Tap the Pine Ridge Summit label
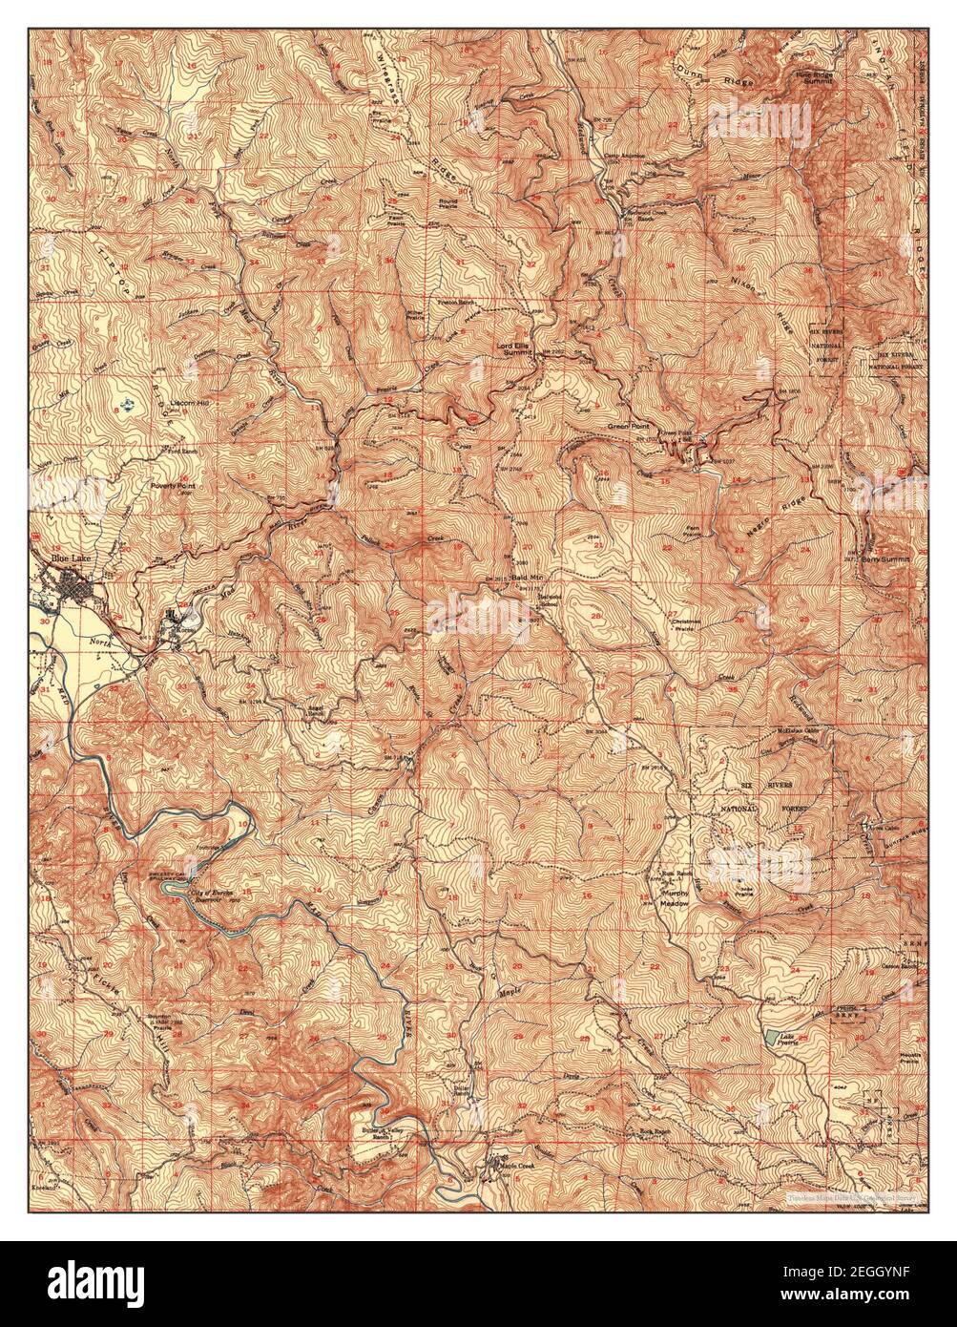tap(816, 77)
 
